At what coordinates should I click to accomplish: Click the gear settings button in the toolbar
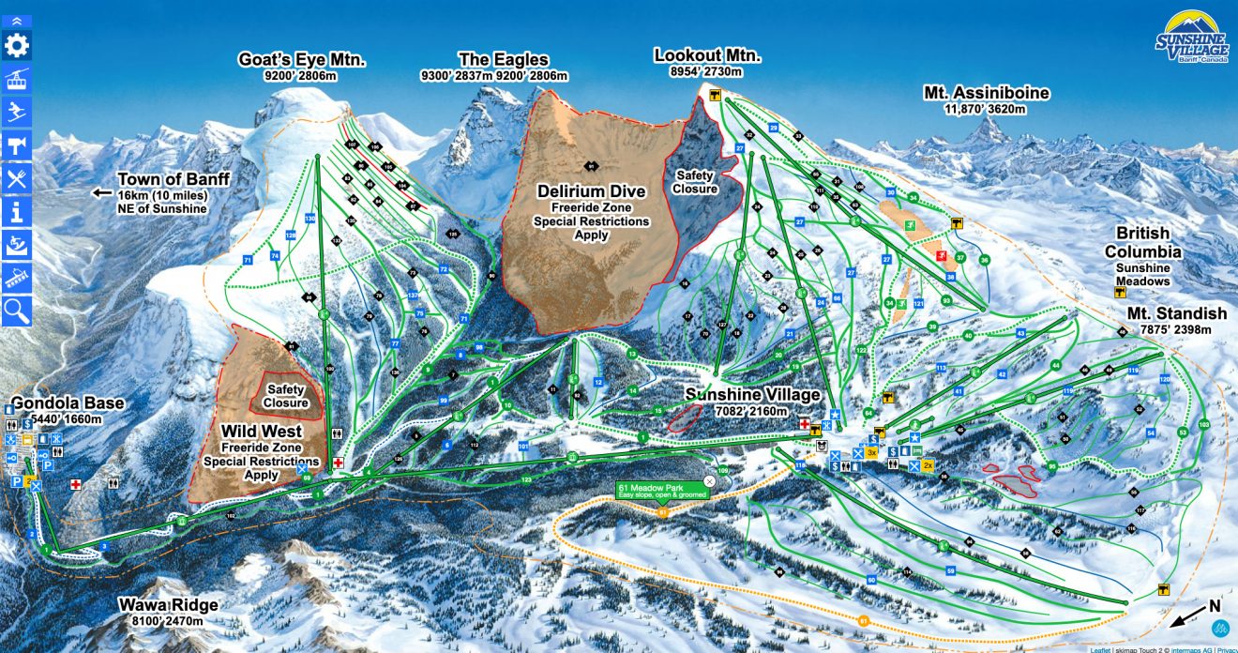pyautogui.click(x=17, y=46)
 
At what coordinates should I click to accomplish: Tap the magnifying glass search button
pyautogui.click(x=17, y=309)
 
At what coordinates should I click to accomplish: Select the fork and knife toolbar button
pyautogui.click(x=17, y=177)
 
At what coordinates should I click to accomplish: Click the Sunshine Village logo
pyautogui.click(x=1191, y=38)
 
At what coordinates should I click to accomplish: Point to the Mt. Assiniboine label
pyautogui.click(x=986, y=93)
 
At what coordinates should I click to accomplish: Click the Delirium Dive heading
pyautogui.click(x=591, y=191)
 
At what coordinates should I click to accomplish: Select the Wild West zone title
pyautogui.click(x=261, y=432)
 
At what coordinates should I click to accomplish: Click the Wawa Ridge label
pyautogui.click(x=169, y=605)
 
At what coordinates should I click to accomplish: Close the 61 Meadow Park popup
pyautogui.click(x=709, y=480)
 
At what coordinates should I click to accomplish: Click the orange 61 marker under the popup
pyautogui.click(x=663, y=512)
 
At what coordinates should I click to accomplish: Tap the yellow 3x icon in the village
pyautogui.click(x=871, y=452)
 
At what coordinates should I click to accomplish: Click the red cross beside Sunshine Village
pyautogui.click(x=804, y=425)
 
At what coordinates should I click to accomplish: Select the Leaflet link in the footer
pyautogui.click(x=1101, y=648)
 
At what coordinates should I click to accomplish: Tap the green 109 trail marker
pyautogui.click(x=722, y=469)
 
